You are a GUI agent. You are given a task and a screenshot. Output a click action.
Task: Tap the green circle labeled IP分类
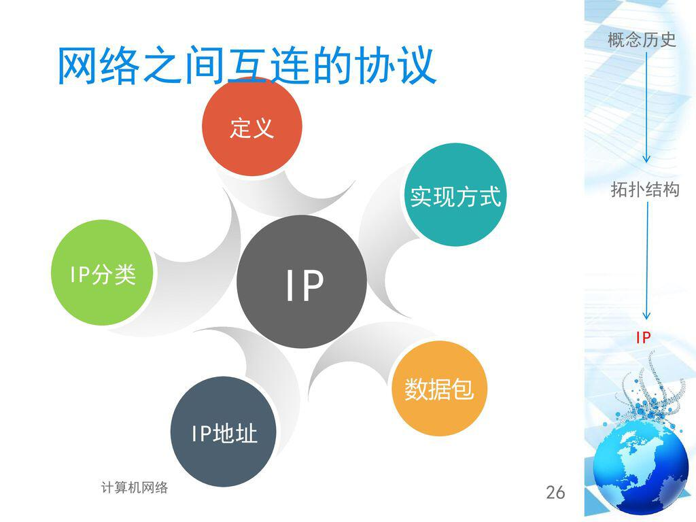point(103,273)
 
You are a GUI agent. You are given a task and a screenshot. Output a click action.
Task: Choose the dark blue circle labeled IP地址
point(224,432)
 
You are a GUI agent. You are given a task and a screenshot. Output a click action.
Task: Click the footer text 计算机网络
point(134,487)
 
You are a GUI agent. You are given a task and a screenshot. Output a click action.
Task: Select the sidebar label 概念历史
point(642,39)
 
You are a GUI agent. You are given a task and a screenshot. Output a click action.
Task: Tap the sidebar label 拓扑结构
point(644,190)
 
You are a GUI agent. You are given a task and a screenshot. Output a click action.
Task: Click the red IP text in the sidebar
point(644,338)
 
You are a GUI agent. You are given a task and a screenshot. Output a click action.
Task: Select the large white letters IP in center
point(304,286)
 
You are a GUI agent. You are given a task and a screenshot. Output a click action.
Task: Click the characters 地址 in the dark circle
point(236,433)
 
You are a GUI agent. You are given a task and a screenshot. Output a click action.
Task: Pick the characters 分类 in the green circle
point(116,274)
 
